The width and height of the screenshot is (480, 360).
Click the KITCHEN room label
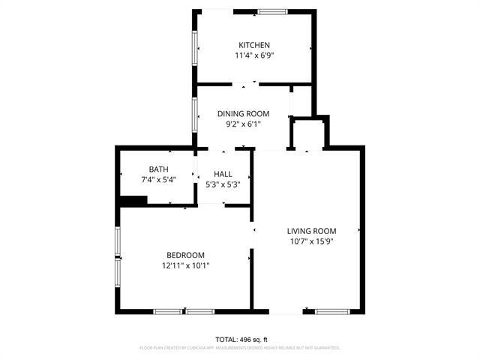click(x=253, y=45)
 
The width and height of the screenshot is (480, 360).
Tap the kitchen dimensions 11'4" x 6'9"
click(x=253, y=55)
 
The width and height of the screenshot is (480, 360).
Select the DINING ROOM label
click(x=242, y=113)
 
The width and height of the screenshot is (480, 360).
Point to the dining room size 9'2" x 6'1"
click(x=242, y=124)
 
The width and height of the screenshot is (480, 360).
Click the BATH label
click(x=158, y=169)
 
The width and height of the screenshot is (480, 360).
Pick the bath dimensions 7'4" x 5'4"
click(x=158, y=179)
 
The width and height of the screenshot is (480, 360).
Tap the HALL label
click(x=223, y=174)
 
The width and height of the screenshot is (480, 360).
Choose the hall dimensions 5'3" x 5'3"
click(x=223, y=184)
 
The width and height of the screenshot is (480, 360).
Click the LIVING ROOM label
click(x=311, y=231)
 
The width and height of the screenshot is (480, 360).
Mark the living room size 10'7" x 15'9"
click(x=311, y=241)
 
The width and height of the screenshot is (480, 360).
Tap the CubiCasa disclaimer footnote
click(x=240, y=348)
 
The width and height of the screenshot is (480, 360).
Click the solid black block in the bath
click(x=133, y=199)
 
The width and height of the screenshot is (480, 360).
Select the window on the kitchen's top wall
click(x=273, y=10)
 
